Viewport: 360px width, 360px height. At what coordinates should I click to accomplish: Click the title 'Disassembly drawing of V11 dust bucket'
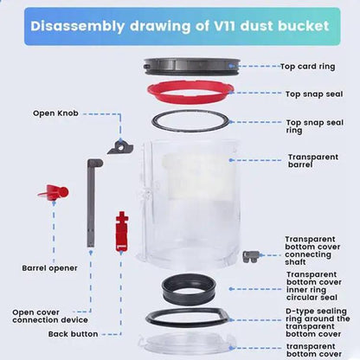(180, 25)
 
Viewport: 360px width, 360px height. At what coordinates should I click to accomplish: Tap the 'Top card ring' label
(308, 66)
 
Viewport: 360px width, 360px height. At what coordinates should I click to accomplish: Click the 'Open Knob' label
(55, 112)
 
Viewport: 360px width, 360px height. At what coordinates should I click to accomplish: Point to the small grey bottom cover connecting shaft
(251, 256)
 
